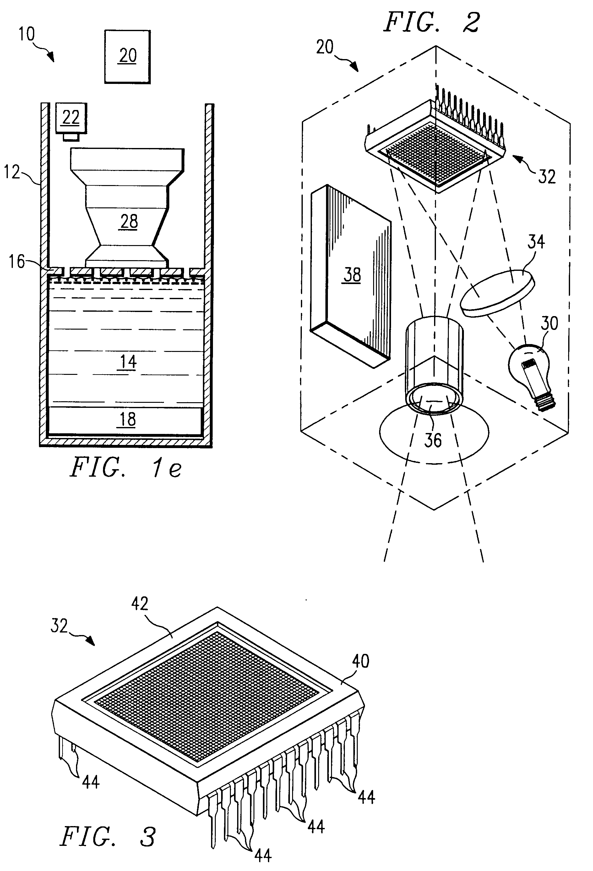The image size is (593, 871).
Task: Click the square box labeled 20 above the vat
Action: (128, 57)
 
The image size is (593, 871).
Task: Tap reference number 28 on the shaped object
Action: (129, 221)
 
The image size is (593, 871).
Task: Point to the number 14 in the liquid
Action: (128, 362)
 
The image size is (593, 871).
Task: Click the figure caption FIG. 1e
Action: (126, 468)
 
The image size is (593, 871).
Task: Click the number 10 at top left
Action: (27, 34)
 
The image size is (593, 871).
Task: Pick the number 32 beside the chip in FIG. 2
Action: (547, 176)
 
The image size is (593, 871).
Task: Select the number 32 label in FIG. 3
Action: (59, 626)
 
